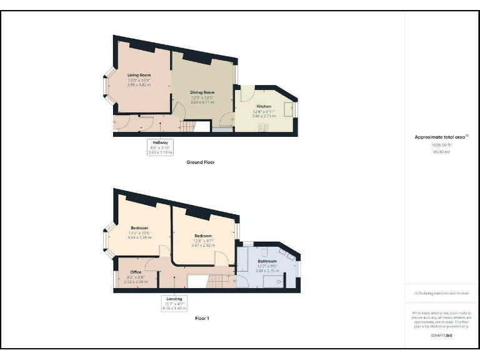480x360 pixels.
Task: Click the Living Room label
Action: click(139, 75)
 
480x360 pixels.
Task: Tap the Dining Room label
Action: click(202, 92)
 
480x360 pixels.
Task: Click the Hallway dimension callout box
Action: click(160, 146)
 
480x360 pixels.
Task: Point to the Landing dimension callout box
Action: click(174, 302)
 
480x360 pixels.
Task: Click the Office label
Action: click(136, 272)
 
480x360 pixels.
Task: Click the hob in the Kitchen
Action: click(263, 127)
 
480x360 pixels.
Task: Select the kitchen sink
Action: click(287, 109)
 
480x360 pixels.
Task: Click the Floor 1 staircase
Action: click(218, 281)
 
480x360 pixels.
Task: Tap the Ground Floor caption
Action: click(201, 162)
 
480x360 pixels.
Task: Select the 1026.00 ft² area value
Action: click(442, 144)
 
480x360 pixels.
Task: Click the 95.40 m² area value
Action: click(442, 151)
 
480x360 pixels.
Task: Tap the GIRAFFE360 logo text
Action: click(441, 336)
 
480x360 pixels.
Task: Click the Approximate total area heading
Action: click(441, 137)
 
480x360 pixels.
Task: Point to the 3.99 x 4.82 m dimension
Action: click(139, 84)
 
